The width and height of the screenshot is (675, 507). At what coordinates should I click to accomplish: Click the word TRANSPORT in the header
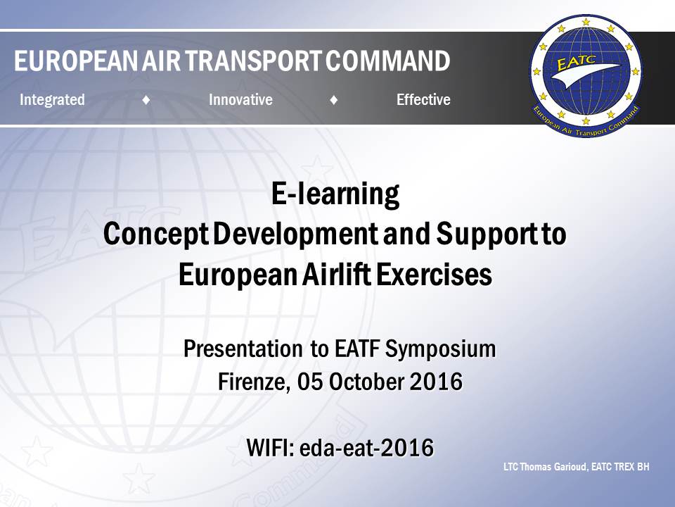coord(253,61)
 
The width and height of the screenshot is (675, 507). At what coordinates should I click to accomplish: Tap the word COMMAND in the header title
coord(388,61)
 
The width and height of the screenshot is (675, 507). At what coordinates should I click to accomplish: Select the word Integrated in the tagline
coord(52,99)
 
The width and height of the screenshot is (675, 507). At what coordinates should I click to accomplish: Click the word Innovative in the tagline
coord(240,99)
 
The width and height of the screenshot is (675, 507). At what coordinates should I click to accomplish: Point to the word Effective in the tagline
coord(423,99)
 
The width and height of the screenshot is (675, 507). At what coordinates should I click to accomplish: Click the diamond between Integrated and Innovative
coord(146,100)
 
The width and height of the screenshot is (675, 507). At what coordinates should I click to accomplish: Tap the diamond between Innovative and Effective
coord(333,100)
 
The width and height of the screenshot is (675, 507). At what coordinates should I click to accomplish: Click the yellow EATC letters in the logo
coord(576,63)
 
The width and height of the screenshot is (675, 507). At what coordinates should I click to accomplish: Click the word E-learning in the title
coord(335,194)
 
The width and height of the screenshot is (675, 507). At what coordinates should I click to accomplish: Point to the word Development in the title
coord(295,234)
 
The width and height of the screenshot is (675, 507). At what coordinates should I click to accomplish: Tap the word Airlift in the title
coord(336,274)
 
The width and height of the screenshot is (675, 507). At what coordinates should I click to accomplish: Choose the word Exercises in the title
coord(434,274)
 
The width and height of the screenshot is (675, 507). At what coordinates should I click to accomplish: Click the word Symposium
coord(440,349)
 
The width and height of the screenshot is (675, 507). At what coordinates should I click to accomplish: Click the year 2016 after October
coord(436,382)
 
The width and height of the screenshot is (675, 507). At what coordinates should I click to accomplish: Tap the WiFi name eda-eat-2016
coord(366,448)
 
